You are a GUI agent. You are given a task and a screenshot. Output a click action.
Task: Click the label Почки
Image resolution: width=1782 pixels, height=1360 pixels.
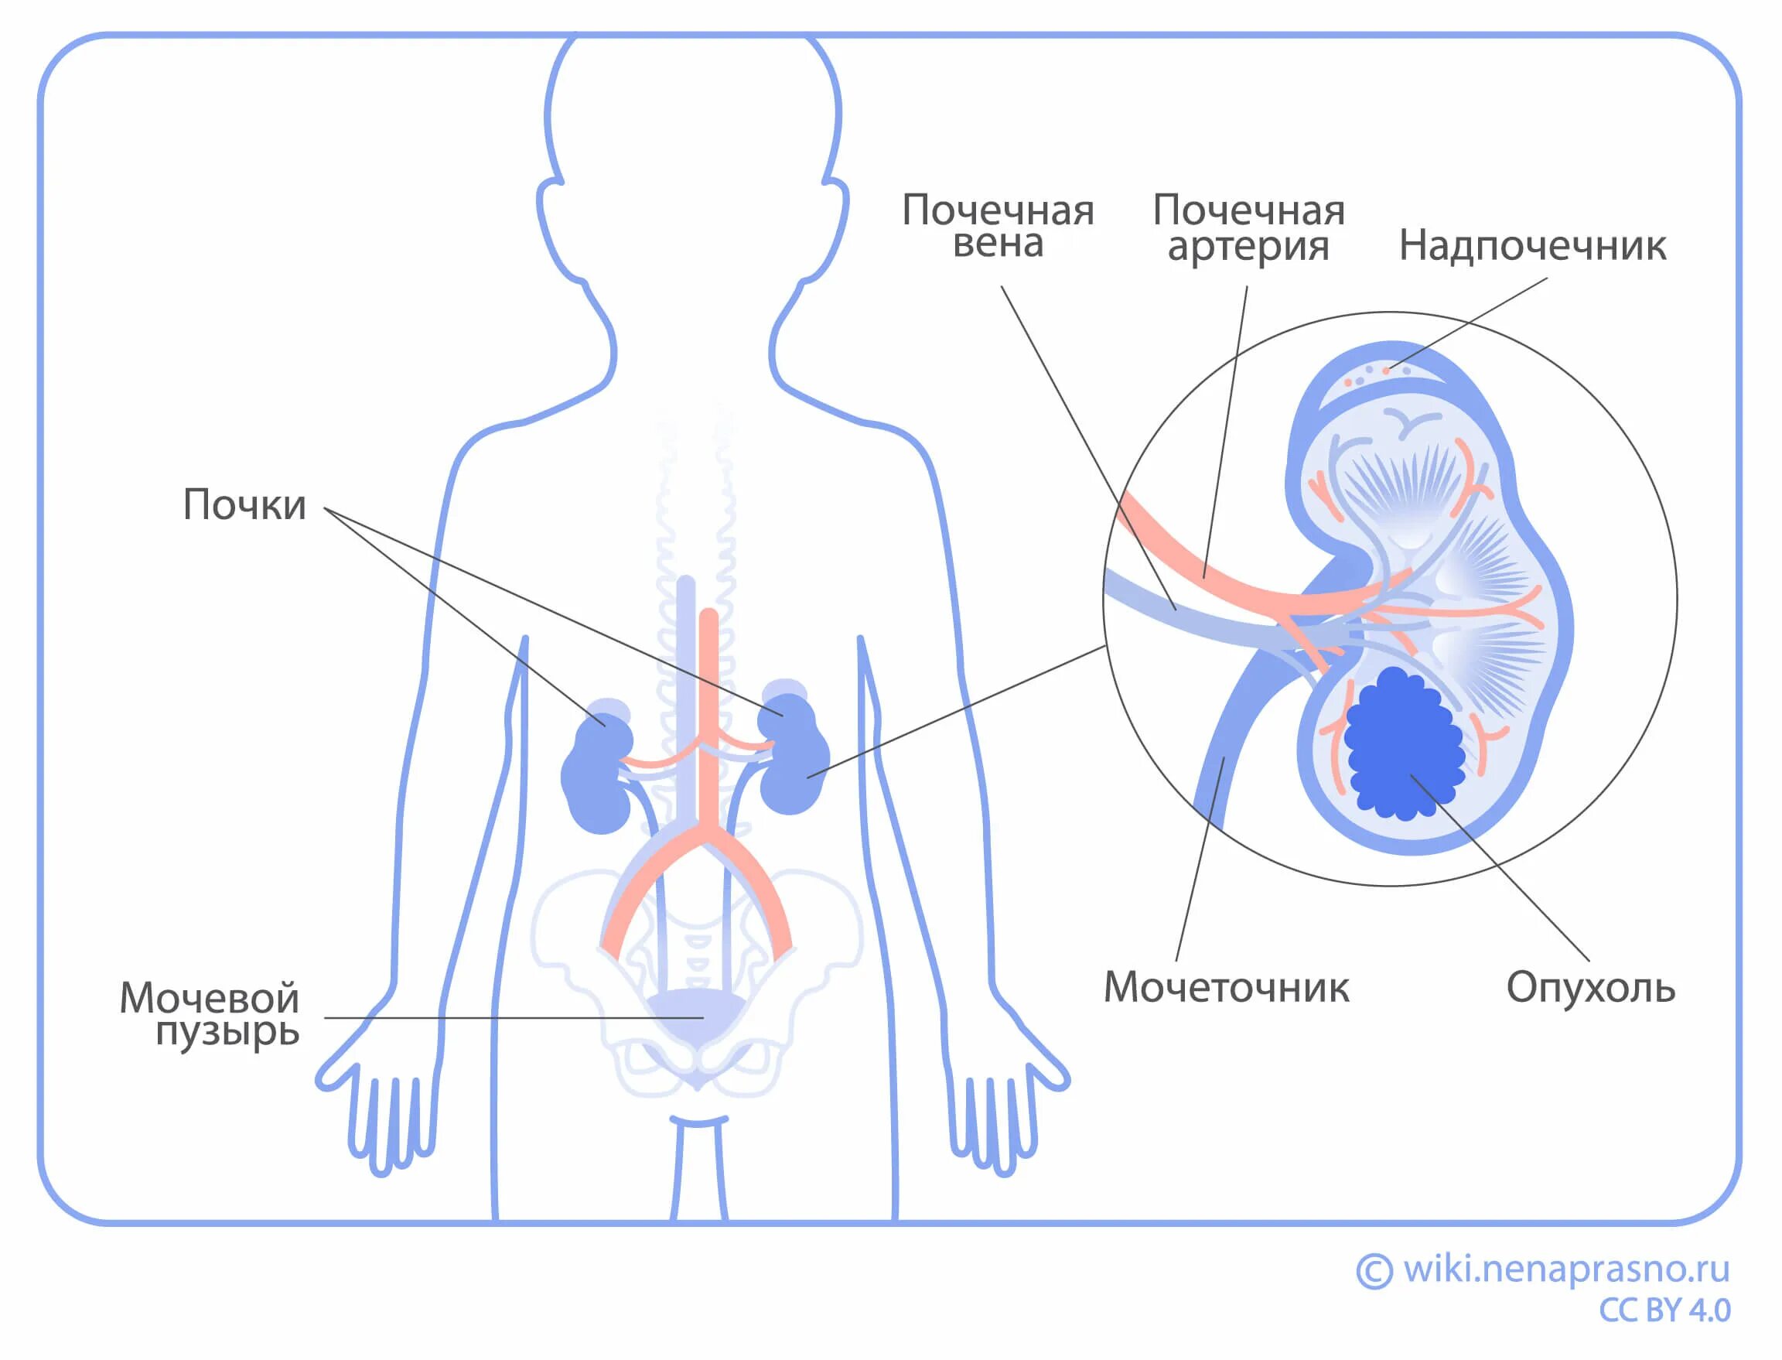coord(244,505)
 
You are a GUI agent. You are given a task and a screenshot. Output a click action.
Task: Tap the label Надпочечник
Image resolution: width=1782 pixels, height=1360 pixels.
coord(1532,245)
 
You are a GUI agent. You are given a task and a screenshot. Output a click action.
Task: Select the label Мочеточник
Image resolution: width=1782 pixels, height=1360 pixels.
coord(1226,988)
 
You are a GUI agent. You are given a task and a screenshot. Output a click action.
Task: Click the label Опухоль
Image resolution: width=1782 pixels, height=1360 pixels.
coord(1590,988)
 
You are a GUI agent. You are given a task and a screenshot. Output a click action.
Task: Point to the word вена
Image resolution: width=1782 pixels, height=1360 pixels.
coord(998,243)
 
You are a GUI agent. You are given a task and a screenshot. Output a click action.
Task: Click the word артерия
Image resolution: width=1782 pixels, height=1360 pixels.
coord(1248,246)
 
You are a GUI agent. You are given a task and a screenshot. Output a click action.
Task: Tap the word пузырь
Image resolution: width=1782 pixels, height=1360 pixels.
coord(227,1032)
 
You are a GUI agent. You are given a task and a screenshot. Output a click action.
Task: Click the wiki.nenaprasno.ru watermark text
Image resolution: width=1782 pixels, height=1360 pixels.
coord(1566,1269)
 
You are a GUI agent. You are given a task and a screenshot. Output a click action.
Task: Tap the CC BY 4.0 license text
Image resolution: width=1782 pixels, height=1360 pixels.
coord(1664,1310)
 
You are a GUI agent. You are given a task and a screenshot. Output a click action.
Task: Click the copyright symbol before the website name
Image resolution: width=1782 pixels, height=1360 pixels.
coord(1374,1270)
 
